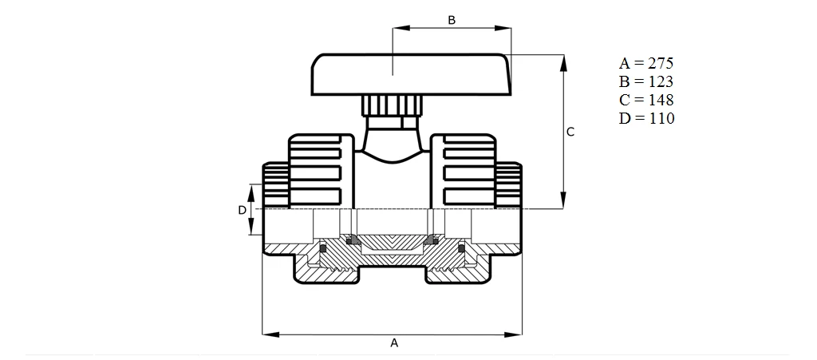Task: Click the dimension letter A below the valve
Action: click(393, 342)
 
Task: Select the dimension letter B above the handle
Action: click(452, 20)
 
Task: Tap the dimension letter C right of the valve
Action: click(570, 133)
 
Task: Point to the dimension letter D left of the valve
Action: click(242, 210)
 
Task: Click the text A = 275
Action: click(646, 63)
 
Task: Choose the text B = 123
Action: click(646, 81)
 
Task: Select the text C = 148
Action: click(646, 100)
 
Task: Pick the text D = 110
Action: click(646, 118)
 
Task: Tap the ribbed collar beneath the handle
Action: click(392, 105)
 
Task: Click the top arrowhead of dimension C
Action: click(564, 61)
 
